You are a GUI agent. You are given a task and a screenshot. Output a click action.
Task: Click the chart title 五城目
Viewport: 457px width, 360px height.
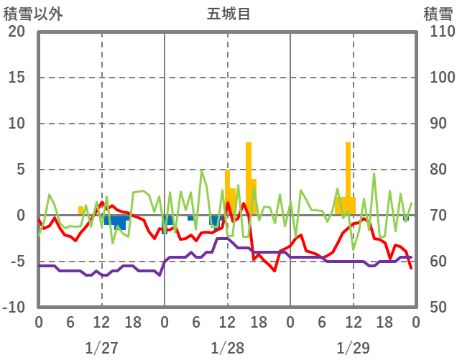pyautogui.click(x=228, y=13)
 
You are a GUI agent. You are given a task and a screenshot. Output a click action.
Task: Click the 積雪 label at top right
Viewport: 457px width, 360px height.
pyautogui.click(x=436, y=13)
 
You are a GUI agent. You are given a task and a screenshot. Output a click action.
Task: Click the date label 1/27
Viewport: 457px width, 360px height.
pyautogui.click(x=101, y=348)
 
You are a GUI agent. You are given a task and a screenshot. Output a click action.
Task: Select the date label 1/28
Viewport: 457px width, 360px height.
pyautogui.click(x=227, y=348)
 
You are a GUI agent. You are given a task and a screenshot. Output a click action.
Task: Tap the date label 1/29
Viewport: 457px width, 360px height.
pyautogui.click(x=353, y=348)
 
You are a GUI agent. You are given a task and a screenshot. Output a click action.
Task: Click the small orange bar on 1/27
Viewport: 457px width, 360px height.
pyautogui.click(x=81, y=211)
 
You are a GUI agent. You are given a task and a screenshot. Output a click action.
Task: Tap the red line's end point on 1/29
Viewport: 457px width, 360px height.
pyautogui.click(x=411, y=268)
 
